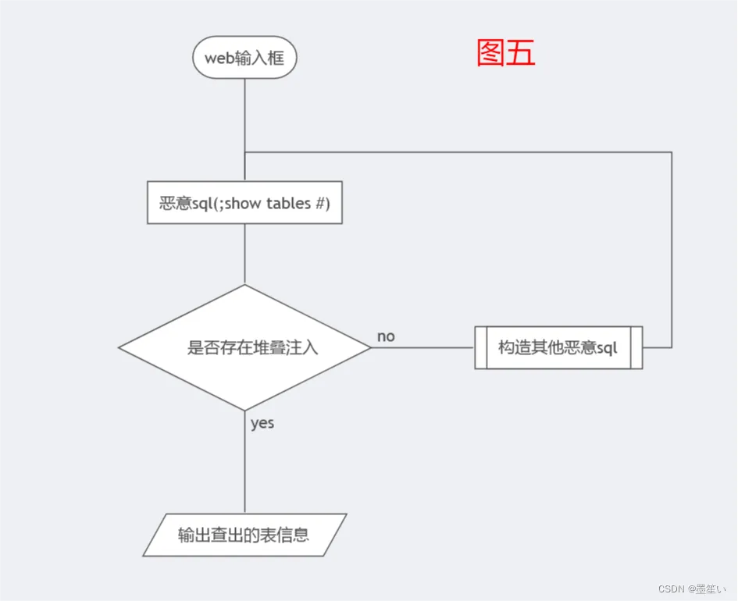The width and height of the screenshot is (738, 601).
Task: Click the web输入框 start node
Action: (244, 58)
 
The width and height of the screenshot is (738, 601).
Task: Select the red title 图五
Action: (505, 53)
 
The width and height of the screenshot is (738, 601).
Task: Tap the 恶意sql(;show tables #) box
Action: (244, 203)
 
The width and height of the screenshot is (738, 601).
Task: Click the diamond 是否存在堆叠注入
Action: (244, 347)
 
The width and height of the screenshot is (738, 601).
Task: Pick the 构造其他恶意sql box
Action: (558, 347)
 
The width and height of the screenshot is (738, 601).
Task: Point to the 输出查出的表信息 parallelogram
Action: (244, 535)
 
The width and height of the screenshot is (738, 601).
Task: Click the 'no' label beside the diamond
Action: (386, 336)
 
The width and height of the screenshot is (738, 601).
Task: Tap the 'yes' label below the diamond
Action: (262, 423)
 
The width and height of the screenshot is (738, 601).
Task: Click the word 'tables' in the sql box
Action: (288, 203)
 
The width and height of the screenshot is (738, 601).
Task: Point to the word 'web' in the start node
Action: (219, 58)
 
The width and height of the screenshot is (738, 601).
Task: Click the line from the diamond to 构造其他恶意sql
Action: (422, 347)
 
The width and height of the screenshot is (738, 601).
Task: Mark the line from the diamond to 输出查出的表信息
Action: (244, 468)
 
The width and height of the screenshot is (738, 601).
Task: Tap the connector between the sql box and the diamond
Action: (244, 254)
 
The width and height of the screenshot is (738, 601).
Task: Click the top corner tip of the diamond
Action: (244, 286)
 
